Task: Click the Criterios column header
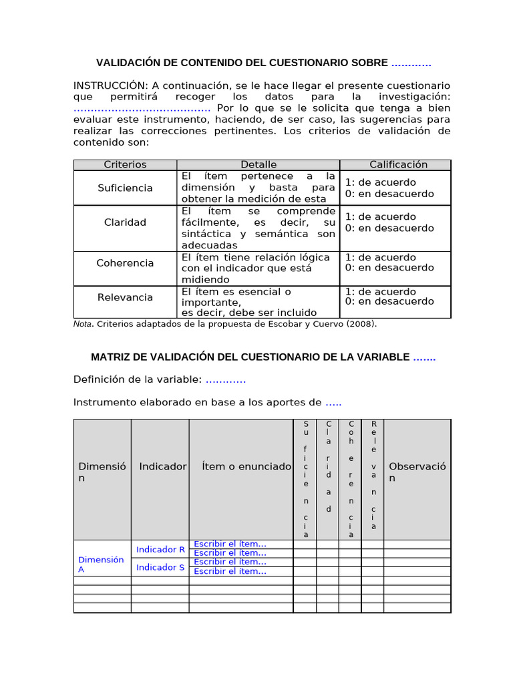[x=125, y=164]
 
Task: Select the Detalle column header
[x=259, y=164]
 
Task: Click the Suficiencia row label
[x=125, y=188]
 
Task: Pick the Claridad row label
[x=125, y=222]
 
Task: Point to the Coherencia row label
[x=125, y=263]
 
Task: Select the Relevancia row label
[x=125, y=297]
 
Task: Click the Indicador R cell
[x=160, y=550]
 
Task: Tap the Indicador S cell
[x=160, y=568]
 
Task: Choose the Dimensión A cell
[x=101, y=564]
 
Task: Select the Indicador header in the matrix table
[x=162, y=466]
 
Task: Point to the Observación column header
[x=417, y=472]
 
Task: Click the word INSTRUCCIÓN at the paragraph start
[x=110, y=85]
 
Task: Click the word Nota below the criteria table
[x=82, y=325]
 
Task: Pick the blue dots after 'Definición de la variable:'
[x=226, y=380]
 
